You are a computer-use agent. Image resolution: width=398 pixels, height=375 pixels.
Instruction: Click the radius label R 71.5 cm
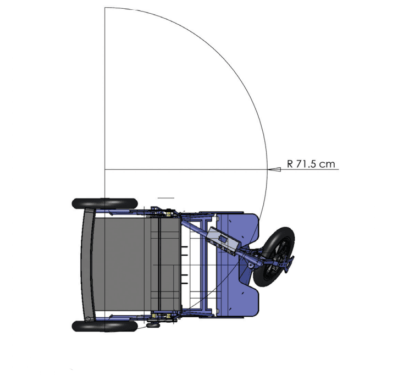311,164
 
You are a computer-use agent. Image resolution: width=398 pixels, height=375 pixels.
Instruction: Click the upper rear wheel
104,203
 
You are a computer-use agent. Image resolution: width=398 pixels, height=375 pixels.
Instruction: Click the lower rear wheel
104,326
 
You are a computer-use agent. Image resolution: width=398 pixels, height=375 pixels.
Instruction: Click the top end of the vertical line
104,8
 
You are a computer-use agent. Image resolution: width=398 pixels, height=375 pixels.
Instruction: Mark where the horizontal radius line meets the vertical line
104,169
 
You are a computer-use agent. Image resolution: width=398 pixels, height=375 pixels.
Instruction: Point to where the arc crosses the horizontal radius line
267,169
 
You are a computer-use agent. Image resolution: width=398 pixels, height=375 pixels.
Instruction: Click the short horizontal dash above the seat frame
166,196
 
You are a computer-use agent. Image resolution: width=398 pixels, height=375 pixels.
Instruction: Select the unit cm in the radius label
328,164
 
